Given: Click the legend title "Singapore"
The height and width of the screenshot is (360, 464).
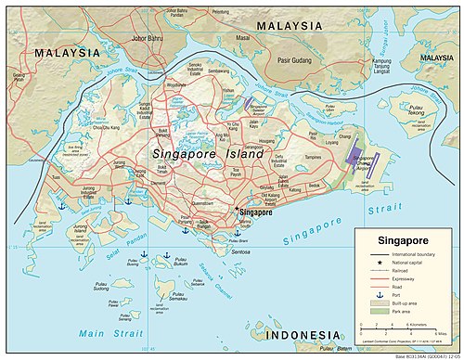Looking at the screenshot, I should pos(386,240).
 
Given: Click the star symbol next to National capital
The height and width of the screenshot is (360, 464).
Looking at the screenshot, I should pos(369,263).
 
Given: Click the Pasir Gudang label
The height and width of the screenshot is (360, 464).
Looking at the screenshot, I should pos(293,58).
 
